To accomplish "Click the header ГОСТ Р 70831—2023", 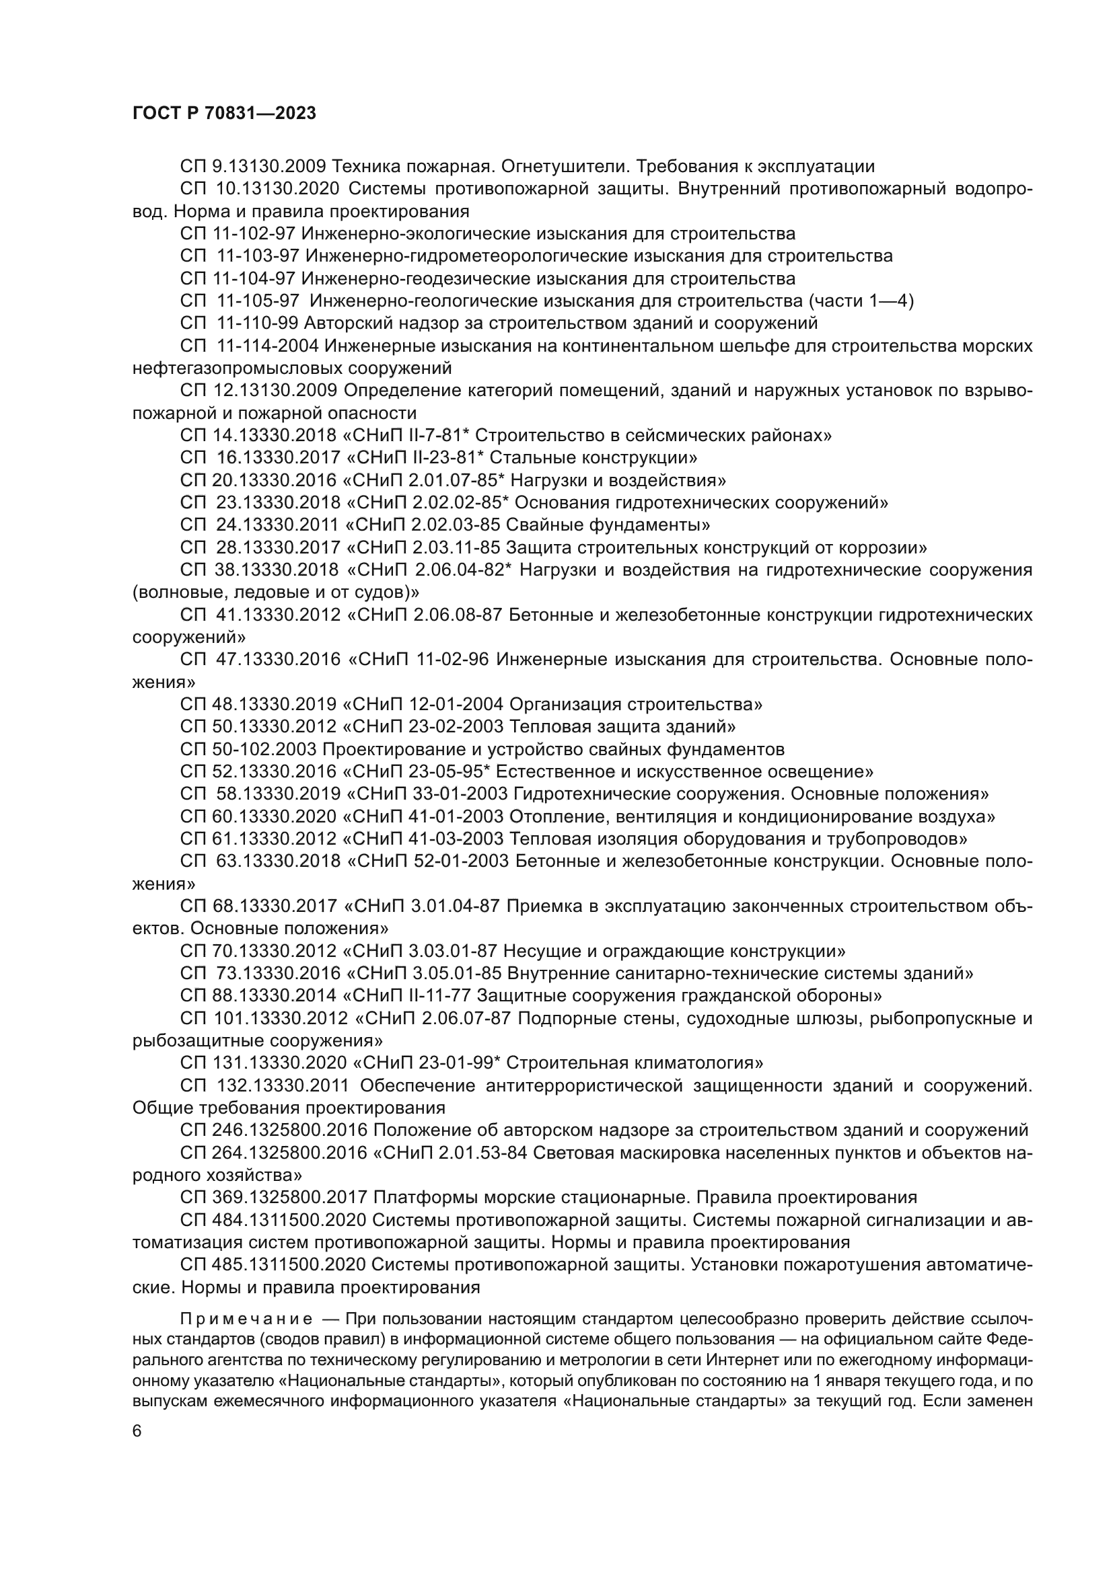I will tap(224, 114).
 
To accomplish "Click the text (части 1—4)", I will tap(861, 301).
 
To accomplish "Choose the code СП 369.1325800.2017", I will tap(274, 1198).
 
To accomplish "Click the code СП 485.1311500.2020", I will tap(274, 1265).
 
